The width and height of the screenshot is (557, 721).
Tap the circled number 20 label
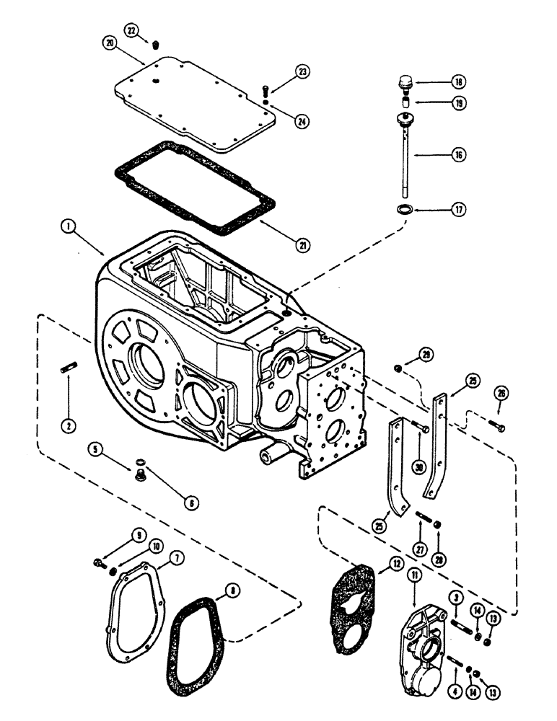click(109, 43)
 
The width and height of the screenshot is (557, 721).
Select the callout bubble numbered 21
click(303, 246)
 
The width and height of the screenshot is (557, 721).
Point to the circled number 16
click(459, 154)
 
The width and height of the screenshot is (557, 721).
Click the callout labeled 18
click(459, 81)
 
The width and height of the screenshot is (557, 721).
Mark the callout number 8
click(230, 590)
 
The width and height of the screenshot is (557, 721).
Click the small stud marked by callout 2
click(66, 371)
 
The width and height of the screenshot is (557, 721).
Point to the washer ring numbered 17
click(404, 209)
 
